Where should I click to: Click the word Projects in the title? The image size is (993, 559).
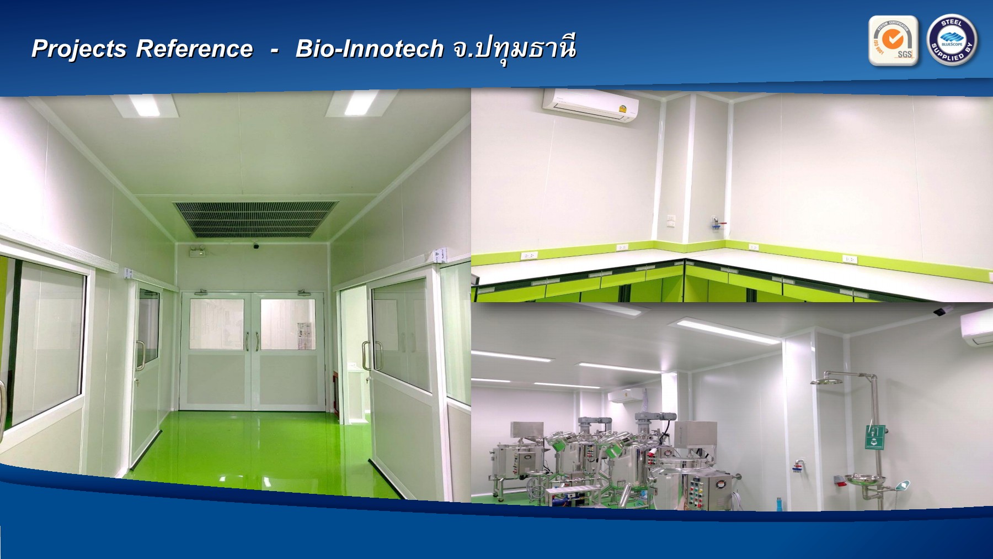click(79, 49)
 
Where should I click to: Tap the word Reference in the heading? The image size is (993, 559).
click(194, 49)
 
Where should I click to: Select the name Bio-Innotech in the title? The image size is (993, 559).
click(369, 49)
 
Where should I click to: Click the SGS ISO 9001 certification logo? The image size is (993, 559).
click(893, 41)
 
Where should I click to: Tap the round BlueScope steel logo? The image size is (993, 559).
click(952, 40)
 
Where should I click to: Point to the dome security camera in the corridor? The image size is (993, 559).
click(256, 245)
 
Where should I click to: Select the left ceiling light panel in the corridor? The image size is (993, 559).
click(145, 105)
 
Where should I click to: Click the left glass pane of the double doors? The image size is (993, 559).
click(217, 324)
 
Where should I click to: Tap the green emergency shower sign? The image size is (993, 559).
click(875, 436)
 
